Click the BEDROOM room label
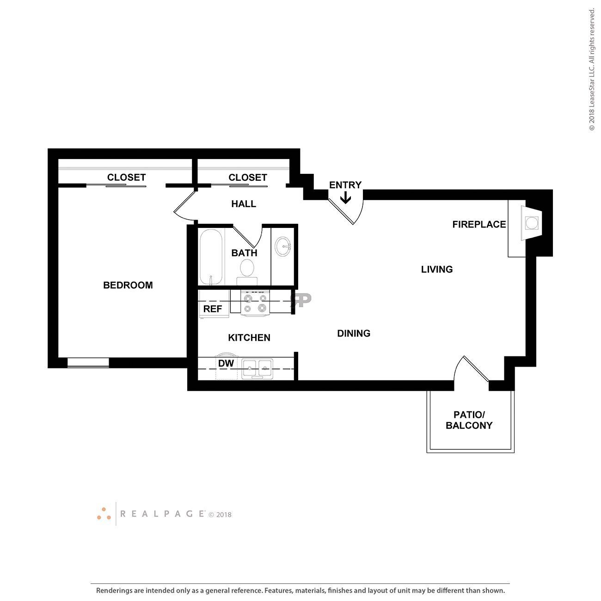click(x=128, y=285)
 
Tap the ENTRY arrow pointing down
click(x=345, y=198)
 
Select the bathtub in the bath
click(x=211, y=257)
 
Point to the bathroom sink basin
click(x=282, y=246)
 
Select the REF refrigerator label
click(x=213, y=309)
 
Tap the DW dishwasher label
click(x=226, y=363)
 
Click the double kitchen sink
click(x=258, y=369)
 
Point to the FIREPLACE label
click(x=479, y=224)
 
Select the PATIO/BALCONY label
click(x=469, y=420)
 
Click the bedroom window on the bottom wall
click(x=88, y=363)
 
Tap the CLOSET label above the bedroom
click(x=126, y=177)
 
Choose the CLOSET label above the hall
click(x=248, y=177)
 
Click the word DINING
click(x=354, y=333)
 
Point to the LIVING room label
click(x=436, y=269)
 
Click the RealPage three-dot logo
click(x=104, y=514)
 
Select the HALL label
click(x=244, y=204)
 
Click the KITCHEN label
click(x=249, y=337)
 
